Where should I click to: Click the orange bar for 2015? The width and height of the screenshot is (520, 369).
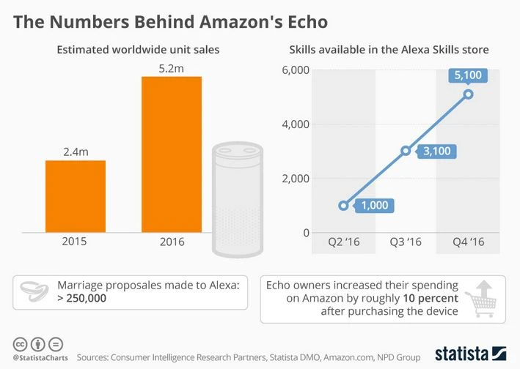pos(76,195)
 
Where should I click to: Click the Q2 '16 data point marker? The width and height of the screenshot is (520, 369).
pos(343,206)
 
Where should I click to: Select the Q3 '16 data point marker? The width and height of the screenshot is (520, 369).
pos(406,151)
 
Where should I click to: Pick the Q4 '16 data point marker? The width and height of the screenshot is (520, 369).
pos(468,94)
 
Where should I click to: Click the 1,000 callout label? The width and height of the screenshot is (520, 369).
pos(374,206)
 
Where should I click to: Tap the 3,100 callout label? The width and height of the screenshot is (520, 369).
pos(437,152)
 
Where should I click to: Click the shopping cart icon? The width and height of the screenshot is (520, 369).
pos(480,299)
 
